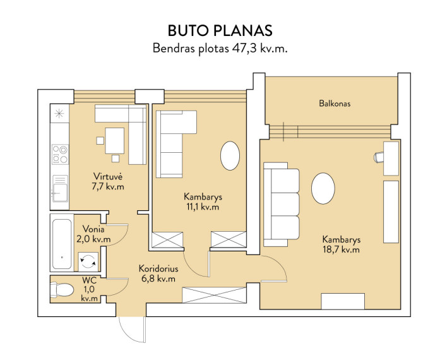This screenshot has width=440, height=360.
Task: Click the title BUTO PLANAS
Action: [220, 30]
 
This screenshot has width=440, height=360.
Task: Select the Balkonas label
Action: [335, 104]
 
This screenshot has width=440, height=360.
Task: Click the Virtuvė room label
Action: [108, 176]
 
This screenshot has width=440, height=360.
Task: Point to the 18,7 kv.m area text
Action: [342, 249]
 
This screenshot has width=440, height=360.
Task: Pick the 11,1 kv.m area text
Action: [203, 207]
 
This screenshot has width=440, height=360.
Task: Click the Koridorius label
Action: [158, 268]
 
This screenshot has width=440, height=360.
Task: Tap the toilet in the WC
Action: [62, 289]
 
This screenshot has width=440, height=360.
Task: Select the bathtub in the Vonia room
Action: [62, 243]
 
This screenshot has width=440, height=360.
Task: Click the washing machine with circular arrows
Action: [88, 261]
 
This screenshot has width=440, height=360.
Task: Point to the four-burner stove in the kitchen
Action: [60, 154]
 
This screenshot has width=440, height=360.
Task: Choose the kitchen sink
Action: [60, 189]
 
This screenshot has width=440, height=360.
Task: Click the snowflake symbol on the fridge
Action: [59, 114]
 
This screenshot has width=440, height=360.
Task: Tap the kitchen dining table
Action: [114, 141]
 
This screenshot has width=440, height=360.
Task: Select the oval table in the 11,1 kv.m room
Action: [230, 155]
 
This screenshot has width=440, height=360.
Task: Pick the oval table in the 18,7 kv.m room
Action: [323, 188]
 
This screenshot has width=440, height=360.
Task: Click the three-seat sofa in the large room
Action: [282, 204]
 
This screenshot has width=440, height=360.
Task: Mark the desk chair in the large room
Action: [379, 157]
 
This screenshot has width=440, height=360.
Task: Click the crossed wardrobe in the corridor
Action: [215, 295]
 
